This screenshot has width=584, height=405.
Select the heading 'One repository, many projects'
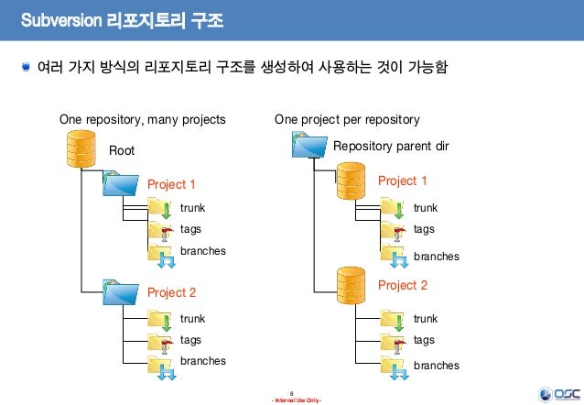tap(142, 119)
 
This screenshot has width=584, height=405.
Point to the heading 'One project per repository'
tap(347, 119)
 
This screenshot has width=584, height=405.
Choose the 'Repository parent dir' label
tap(391, 146)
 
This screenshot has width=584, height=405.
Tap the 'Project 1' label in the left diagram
tap(172, 184)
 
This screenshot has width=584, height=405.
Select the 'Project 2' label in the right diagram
tap(403, 286)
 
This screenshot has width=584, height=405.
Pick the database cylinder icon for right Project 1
tap(351, 181)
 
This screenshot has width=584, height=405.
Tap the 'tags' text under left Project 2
tap(190, 340)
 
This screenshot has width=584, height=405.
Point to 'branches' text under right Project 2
tap(436, 366)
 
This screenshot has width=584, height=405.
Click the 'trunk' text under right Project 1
tap(426, 208)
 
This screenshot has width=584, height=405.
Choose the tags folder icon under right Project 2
tap(395, 342)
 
